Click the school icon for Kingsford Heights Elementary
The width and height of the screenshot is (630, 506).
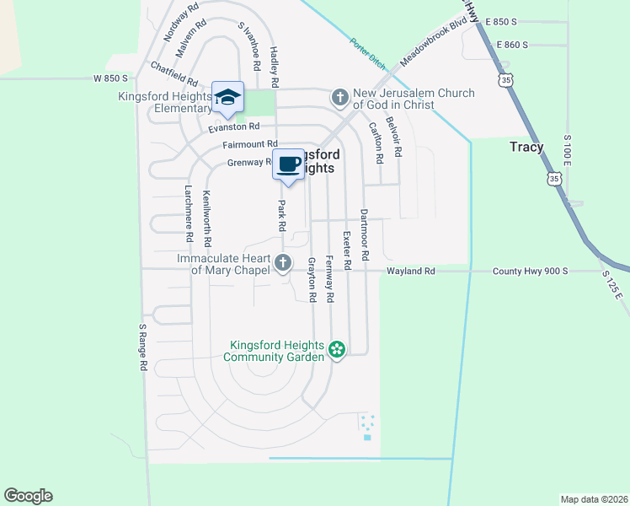(227, 98)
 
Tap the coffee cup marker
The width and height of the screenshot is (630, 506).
(288, 163)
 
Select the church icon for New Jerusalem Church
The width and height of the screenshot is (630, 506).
(340, 98)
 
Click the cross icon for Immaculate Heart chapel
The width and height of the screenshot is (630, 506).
(283, 264)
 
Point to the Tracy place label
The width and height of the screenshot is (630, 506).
(526, 147)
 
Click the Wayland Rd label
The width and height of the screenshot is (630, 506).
(411, 272)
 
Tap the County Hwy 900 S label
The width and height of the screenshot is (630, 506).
(530, 272)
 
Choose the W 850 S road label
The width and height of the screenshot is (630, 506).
(109, 78)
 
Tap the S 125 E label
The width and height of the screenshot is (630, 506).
(611, 285)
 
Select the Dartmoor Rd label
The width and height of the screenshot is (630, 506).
(365, 234)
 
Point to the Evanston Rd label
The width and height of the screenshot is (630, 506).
(235, 126)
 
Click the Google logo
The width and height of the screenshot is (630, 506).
(28, 496)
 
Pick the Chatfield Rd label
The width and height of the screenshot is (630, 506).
(174, 74)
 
